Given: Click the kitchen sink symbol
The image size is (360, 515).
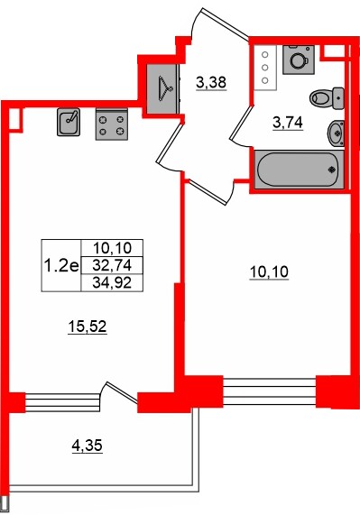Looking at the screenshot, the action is (69, 122).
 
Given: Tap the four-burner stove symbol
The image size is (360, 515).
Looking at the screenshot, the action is (112, 124).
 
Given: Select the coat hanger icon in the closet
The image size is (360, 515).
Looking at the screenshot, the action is (165, 88).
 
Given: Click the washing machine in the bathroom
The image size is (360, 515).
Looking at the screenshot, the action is (299, 60).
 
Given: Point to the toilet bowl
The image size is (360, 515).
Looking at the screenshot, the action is (328, 98).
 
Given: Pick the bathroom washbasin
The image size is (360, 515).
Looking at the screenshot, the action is (336, 133).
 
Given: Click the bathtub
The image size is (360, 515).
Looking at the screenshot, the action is (300, 170).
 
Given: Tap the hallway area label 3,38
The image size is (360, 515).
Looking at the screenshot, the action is (211, 82).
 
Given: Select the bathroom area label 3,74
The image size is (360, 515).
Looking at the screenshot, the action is (288, 123).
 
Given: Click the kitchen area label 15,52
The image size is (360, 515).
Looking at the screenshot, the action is (88, 326).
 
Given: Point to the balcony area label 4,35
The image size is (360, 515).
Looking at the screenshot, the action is (88, 446).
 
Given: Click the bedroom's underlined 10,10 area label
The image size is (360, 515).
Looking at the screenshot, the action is (270, 272).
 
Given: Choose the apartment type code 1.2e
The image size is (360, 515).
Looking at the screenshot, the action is (61, 265).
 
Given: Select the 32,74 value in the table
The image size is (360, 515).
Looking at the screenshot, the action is (112, 265).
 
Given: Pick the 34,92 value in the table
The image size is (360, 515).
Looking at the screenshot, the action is (112, 282).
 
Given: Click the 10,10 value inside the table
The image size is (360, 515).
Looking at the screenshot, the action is (112, 248).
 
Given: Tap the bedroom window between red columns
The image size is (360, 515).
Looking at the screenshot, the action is (270, 391).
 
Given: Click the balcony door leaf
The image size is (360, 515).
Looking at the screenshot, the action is (122, 392).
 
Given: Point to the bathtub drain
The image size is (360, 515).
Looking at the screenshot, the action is (331, 170).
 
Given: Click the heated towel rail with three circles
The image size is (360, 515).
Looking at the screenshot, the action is (265, 68).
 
